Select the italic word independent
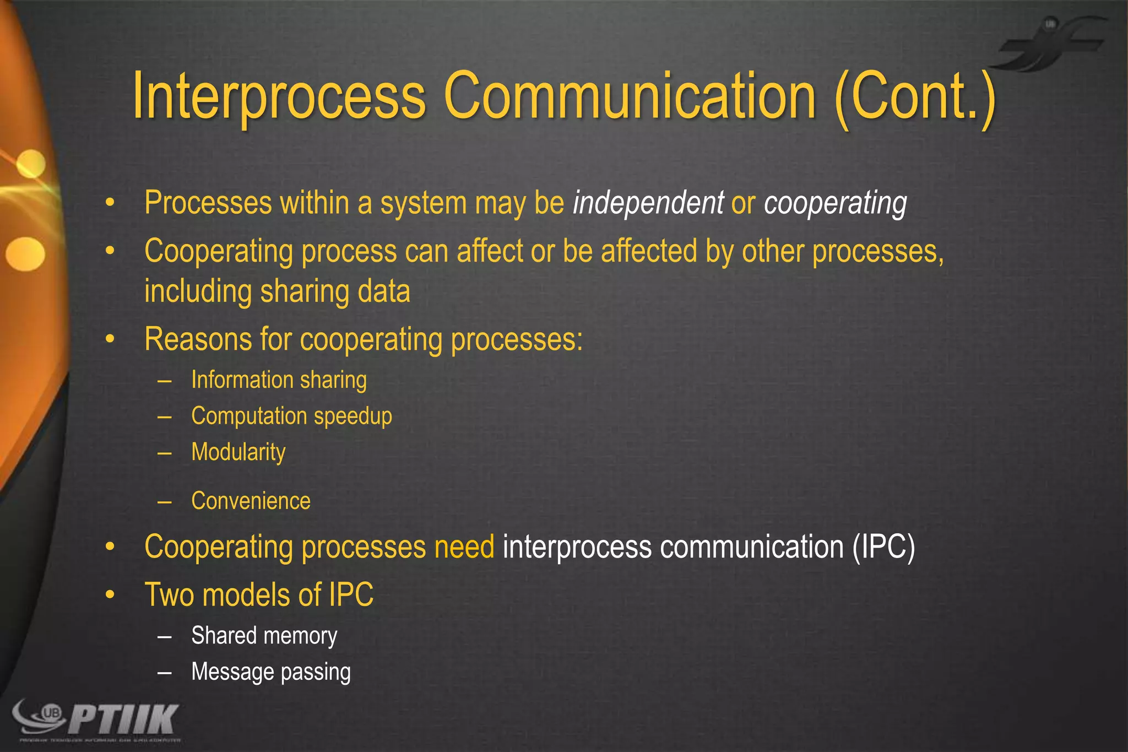648,203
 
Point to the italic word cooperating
835,203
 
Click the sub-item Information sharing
279,380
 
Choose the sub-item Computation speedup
291,416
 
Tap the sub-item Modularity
238,452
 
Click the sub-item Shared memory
264,636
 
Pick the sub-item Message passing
270,672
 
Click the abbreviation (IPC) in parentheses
883,547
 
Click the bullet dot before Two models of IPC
110,595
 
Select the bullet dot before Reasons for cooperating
110,339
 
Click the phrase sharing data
335,291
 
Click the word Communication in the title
629,96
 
